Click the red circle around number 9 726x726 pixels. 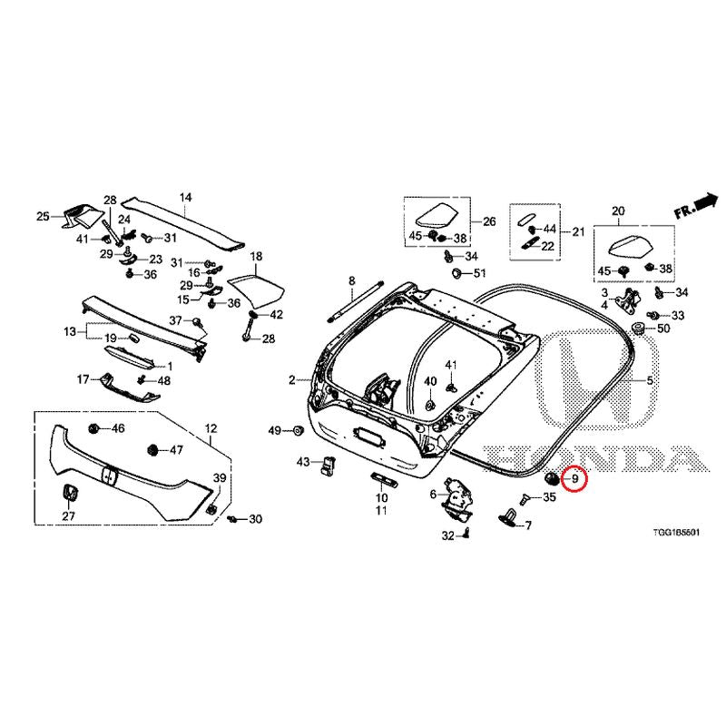(574, 479)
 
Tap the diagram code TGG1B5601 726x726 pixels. (676, 533)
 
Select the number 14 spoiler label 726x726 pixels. (185, 198)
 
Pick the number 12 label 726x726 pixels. (211, 428)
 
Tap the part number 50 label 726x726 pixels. (663, 329)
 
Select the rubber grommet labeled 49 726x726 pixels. (298, 430)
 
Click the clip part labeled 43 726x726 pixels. (329, 465)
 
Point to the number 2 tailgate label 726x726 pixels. (291, 380)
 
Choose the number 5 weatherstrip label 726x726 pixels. (650, 380)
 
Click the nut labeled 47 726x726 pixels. (152, 449)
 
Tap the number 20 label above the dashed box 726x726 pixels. (618, 211)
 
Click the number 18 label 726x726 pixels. (256, 256)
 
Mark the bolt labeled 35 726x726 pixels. (525, 498)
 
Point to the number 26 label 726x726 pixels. (489, 221)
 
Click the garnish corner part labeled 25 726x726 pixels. (80, 215)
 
